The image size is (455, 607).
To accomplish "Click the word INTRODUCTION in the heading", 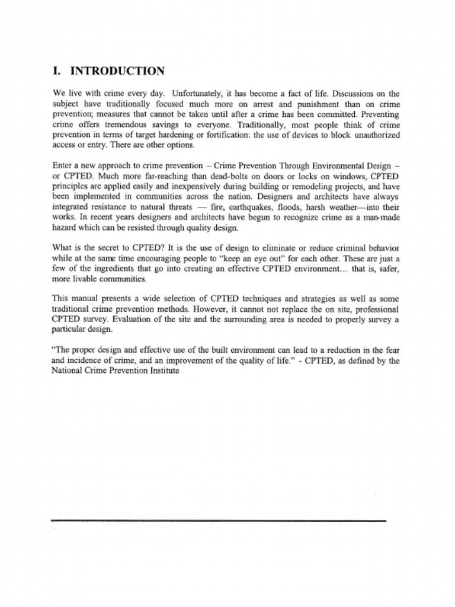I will [117, 71].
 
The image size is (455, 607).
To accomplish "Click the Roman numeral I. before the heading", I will [57, 71].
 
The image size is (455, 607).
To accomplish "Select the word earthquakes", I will [248, 207].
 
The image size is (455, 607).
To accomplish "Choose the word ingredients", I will [107, 269].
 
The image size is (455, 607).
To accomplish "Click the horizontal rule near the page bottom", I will [218, 520].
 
